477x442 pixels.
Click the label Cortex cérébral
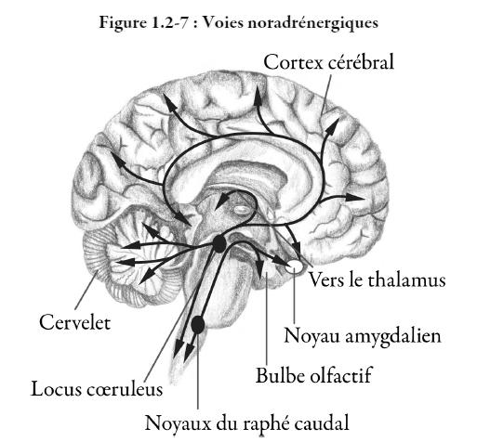(x=328, y=62)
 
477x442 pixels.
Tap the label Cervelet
(x=75, y=322)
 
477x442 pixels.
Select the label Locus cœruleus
(x=97, y=389)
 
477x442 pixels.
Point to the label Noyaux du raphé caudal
(x=247, y=423)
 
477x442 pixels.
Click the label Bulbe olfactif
(x=313, y=375)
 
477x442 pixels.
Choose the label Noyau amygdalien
(x=363, y=336)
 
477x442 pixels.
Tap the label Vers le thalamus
(x=378, y=279)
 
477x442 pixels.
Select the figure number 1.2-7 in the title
(x=170, y=22)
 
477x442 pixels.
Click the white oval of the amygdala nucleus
(x=295, y=266)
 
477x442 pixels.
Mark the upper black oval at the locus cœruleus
(x=219, y=244)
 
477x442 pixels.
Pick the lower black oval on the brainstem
(x=198, y=325)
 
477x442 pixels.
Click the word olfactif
(x=341, y=375)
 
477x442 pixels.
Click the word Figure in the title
(x=123, y=23)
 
